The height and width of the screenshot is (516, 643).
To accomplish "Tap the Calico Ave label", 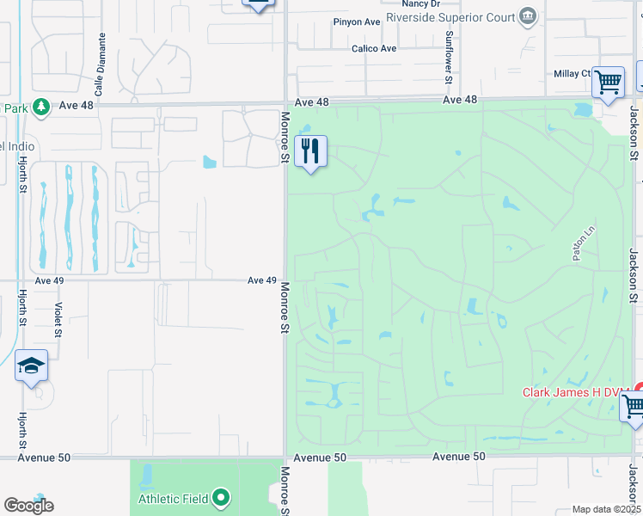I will [374, 49].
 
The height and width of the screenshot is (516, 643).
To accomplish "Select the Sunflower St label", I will [449, 57].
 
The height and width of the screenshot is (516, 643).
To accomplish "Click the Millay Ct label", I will [573, 74].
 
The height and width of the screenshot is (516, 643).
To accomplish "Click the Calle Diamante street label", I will [100, 64].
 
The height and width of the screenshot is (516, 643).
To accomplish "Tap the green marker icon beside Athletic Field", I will [222, 497].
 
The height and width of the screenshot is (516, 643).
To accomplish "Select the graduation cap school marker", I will [31, 367].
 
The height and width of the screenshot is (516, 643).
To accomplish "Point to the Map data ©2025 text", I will [605, 509].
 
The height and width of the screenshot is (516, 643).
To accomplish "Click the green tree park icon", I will [40, 107].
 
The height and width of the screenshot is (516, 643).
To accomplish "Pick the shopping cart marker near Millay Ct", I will [608, 83].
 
